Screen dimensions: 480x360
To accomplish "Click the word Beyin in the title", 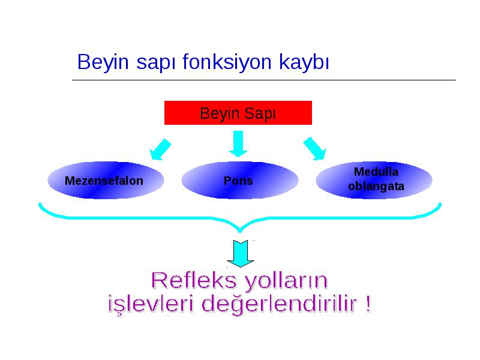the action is coord(103,62).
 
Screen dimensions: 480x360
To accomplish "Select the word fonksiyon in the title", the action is coord(227,62).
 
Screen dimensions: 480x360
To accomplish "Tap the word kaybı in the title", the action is coord(304,62).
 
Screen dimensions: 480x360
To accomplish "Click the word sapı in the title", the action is coord(155,63).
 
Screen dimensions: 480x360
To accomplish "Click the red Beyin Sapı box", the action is coord(238,113).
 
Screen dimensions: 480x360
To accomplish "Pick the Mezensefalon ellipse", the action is coord(106,181).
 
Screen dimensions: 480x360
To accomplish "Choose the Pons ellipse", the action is coord(239,181).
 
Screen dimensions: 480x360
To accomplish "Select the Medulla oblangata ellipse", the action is coord(374,180).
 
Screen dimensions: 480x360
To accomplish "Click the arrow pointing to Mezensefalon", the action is coord(160,149).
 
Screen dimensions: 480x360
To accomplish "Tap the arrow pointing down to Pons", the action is coord(238,144).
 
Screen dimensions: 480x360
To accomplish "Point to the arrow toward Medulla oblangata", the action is coord(315,148).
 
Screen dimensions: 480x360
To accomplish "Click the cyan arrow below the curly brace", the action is coord(241,253).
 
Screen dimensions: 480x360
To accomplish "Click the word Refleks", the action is coord(194,280).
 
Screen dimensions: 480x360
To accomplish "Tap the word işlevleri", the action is coord(151,304).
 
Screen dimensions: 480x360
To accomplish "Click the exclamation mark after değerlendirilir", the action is coord(368,303).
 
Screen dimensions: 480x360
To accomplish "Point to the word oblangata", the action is coord(376,187).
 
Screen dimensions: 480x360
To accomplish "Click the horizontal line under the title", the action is coord(264,80).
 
